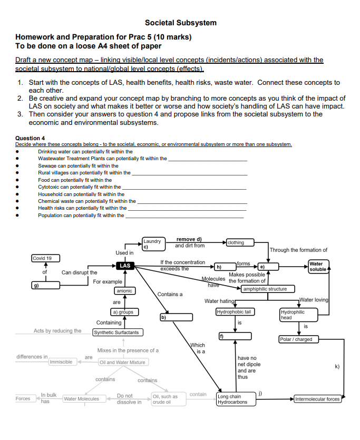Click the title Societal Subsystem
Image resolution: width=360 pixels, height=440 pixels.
[x=180, y=23]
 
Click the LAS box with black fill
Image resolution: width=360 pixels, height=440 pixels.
[x=125, y=266]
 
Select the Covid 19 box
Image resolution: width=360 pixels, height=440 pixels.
[x=45, y=258]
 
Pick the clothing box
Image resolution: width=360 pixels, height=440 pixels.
[x=239, y=242]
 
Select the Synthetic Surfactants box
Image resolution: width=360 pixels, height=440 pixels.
[x=116, y=333]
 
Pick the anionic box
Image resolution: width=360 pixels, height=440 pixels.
[x=124, y=291]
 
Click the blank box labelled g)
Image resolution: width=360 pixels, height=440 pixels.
[x=45, y=285]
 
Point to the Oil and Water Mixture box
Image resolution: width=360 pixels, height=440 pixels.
[x=123, y=363]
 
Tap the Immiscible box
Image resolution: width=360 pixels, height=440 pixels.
[x=61, y=363]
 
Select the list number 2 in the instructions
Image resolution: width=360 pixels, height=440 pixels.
[x=20, y=98]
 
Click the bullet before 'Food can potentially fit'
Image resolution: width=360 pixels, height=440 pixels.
[x=18, y=180]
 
